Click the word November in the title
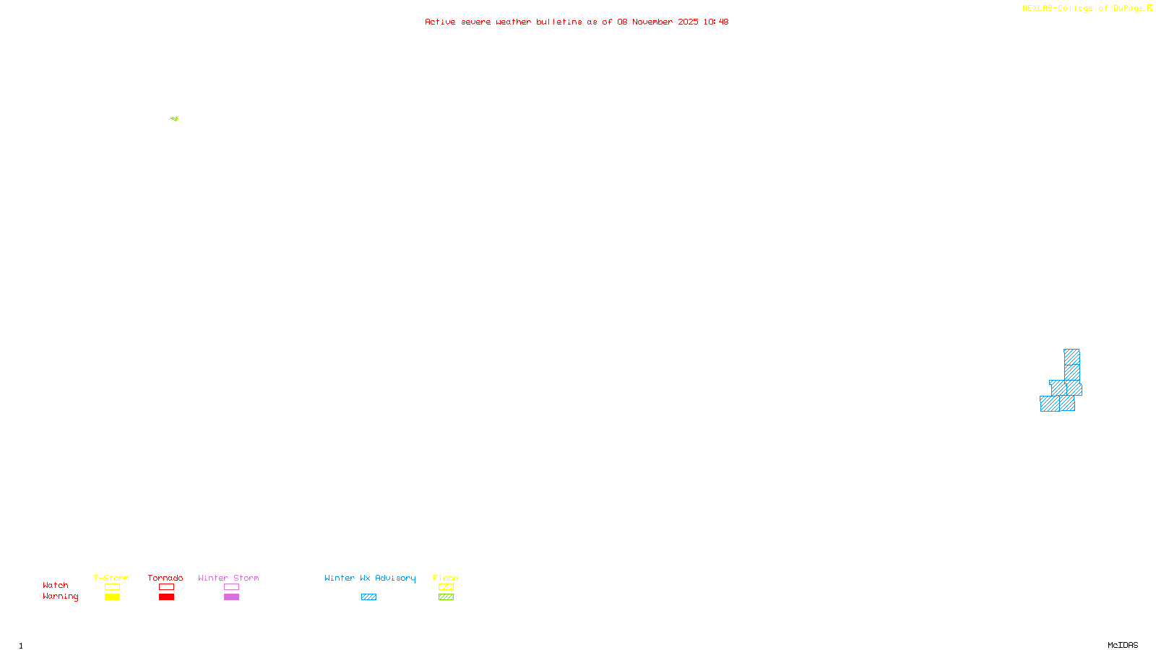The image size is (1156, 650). (x=652, y=22)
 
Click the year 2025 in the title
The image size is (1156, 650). (x=688, y=22)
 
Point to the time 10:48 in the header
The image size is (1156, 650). (x=715, y=22)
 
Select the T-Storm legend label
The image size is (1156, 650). (x=111, y=578)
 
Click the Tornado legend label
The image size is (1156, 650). (x=165, y=578)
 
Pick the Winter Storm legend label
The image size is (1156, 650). (x=228, y=578)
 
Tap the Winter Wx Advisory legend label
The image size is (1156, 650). (x=370, y=578)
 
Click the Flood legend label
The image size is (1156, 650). (x=446, y=578)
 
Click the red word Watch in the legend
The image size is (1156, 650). (x=56, y=585)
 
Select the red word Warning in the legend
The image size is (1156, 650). (x=60, y=597)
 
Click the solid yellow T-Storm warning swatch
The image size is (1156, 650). (x=112, y=597)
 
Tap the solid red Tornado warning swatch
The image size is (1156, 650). (x=166, y=597)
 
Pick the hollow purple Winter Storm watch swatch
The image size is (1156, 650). (x=231, y=587)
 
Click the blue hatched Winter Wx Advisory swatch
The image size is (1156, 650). (x=368, y=597)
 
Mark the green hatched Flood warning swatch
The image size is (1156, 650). (x=446, y=597)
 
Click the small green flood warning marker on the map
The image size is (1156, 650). (x=175, y=118)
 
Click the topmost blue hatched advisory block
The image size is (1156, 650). (x=1071, y=357)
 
